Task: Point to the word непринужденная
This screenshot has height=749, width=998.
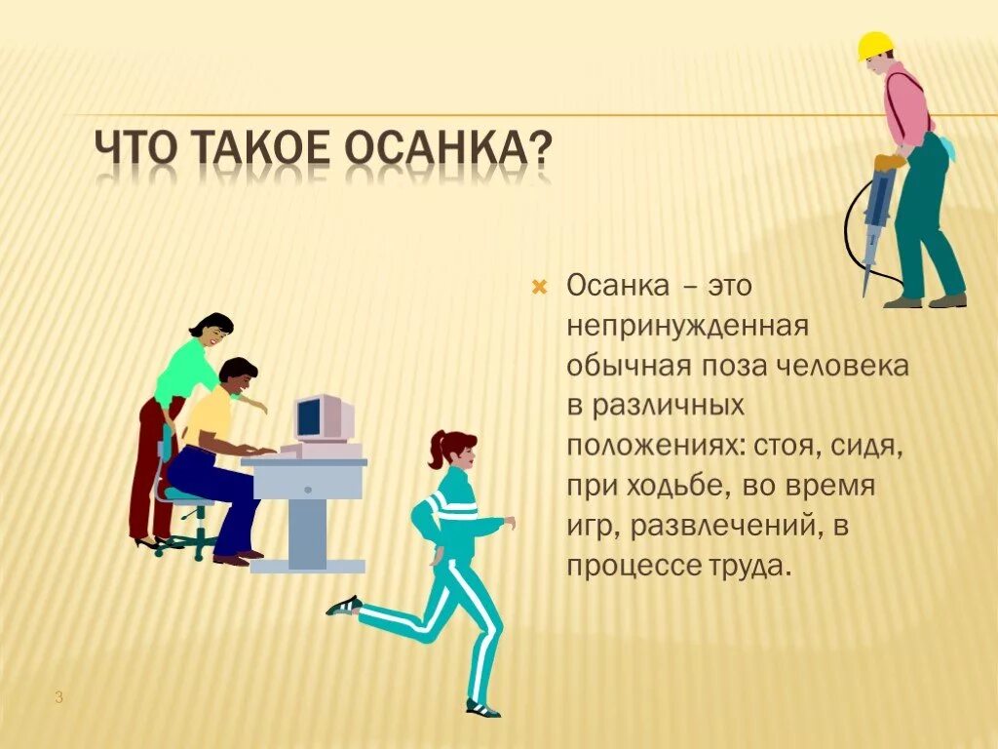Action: point(689,326)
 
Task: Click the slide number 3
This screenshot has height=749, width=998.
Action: point(58,697)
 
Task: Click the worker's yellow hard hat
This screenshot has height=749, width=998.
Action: point(874,45)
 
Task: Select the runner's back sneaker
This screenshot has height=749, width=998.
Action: point(343,606)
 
